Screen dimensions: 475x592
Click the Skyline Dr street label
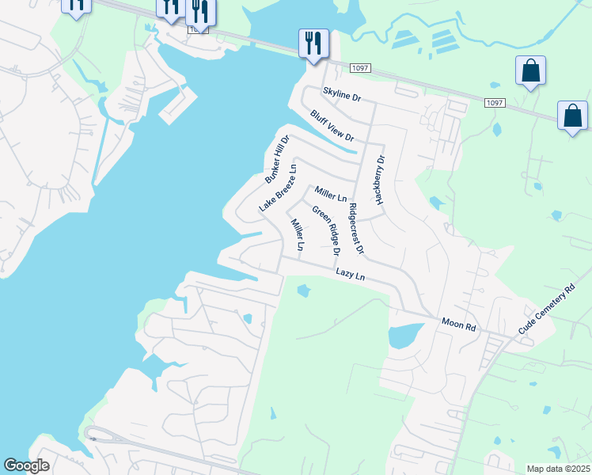pos(340,93)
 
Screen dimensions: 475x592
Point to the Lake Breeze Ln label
pos(278,188)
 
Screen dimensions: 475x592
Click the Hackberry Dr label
pos(380,180)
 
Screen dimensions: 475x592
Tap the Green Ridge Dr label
pos(325,231)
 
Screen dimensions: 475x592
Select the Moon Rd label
pos(459,325)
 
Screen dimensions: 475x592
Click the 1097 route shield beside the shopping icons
pos(495,103)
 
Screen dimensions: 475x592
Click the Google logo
pos(26,465)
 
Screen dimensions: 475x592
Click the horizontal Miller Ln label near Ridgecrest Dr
pos(331,193)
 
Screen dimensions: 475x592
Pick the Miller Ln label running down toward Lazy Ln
pos(297,235)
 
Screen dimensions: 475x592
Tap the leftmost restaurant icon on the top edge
pos(76,4)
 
